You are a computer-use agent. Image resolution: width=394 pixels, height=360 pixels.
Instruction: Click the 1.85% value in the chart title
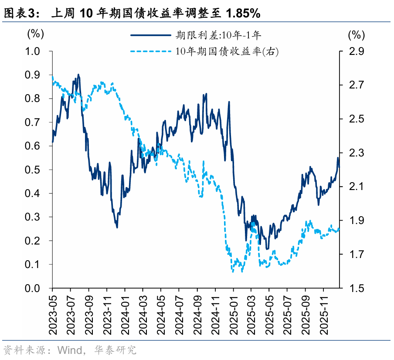coord(243,14)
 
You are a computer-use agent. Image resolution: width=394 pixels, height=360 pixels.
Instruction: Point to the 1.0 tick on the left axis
coord(34,51)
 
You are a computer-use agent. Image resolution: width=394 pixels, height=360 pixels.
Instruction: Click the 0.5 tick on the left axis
coord(34,170)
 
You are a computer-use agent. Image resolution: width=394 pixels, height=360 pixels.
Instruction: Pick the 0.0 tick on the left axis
coord(34,288)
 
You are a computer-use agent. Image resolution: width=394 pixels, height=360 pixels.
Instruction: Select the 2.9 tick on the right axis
coord(356,51)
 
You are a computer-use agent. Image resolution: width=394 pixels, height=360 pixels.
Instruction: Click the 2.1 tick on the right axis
coord(356,187)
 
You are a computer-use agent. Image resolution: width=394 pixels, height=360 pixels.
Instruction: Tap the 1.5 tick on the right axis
coord(356,288)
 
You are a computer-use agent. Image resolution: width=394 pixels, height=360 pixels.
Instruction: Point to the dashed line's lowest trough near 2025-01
coord(233,272)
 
